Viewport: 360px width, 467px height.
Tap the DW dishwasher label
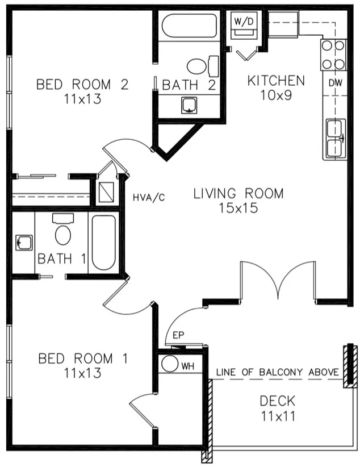coord(334,83)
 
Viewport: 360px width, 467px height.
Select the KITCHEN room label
coord(276,81)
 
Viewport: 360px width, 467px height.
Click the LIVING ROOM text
coord(238,194)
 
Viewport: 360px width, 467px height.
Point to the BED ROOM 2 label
coord(82,85)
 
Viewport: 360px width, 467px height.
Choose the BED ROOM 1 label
coord(83,359)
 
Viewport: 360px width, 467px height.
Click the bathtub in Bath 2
coord(189,26)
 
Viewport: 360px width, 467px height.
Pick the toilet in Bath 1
coord(63,231)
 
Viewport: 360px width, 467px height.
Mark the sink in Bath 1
coord(23,243)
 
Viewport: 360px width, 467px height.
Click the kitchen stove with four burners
coord(333,55)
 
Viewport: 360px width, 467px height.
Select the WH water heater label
coord(188,366)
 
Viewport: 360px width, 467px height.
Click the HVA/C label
coord(149,197)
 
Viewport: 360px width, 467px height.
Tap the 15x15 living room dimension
coord(238,208)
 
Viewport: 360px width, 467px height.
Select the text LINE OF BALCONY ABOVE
coord(277,373)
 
